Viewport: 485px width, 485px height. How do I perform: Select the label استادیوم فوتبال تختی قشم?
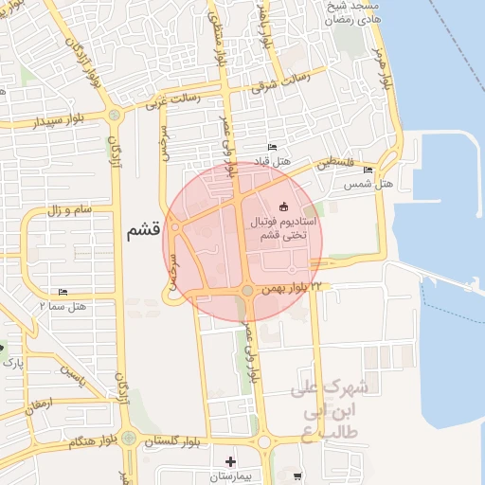pos(283,227)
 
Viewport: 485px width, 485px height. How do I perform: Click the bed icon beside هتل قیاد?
pos(273,147)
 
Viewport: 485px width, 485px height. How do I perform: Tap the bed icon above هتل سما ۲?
pos(63,292)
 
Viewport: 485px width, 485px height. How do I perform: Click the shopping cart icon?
pos(298,476)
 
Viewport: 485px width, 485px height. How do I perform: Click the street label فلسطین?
pos(337,162)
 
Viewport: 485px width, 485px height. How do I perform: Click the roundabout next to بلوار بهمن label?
pos(246,291)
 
